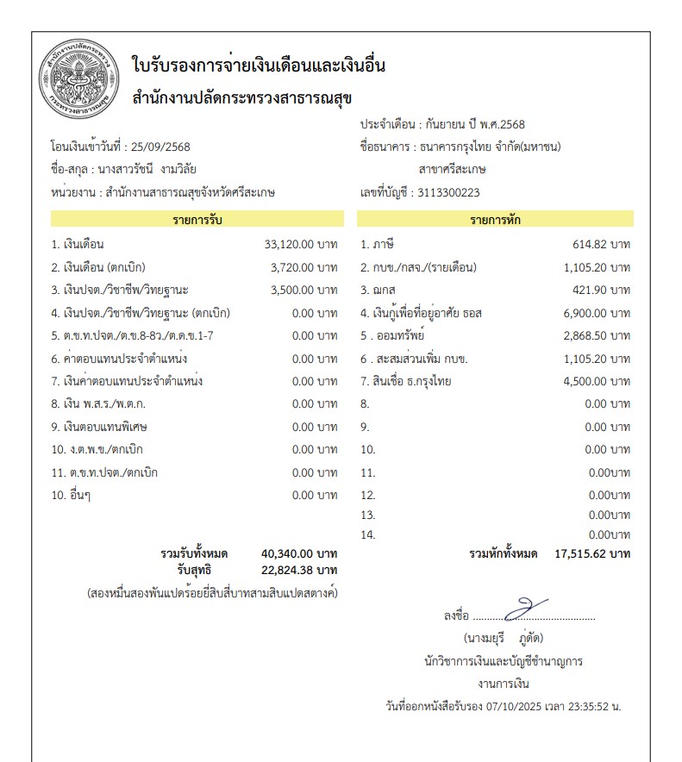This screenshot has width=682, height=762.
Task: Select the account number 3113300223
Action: click(x=448, y=193)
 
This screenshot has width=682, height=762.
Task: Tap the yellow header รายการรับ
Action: click(x=197, y=219)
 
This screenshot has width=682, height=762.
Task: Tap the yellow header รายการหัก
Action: click(x=495, y=219)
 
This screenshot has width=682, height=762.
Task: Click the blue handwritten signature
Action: click(x=526, y=609)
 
